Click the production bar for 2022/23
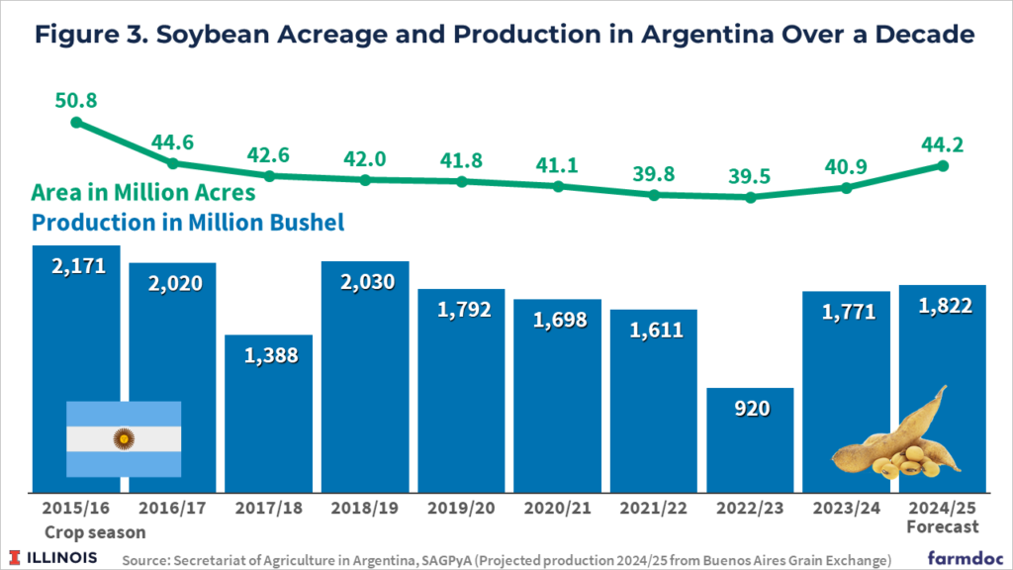[750, 439]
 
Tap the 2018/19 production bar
[365, 376]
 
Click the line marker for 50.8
[76, 123]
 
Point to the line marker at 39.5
[751, 197]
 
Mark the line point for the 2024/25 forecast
[943, 165]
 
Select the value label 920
[750, 407]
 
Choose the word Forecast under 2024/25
[943, 526]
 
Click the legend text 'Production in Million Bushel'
[188, 223]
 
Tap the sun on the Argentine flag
[124, 437]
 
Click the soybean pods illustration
[889, 440]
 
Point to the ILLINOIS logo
[55, 557]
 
